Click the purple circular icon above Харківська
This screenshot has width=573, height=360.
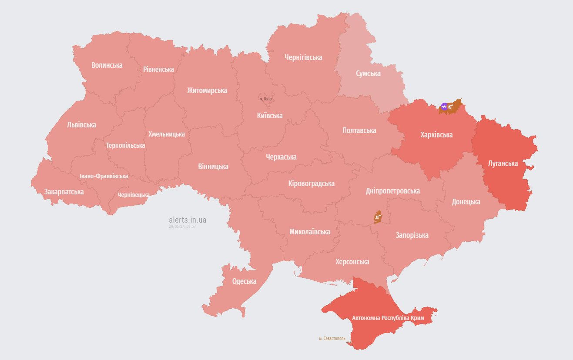444,106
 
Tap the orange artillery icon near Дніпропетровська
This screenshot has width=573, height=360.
378,216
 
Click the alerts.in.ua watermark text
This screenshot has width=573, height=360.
188,220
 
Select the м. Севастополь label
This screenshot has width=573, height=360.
332,338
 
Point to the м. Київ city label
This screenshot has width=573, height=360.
265,99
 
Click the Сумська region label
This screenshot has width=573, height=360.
368,73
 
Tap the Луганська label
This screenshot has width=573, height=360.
503,163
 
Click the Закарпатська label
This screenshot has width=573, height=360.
64,191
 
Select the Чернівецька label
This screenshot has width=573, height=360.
134,195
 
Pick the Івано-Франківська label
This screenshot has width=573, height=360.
104,176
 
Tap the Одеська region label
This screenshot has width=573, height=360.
244,281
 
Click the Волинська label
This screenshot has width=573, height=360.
107,65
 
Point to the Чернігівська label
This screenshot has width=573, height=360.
303,57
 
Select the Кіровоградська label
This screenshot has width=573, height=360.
311,183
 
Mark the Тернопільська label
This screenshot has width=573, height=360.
125,145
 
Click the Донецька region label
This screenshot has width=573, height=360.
466,202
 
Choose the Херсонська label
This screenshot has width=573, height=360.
352,262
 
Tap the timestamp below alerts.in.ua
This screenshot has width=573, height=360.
182,227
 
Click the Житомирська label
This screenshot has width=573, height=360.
207,90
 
